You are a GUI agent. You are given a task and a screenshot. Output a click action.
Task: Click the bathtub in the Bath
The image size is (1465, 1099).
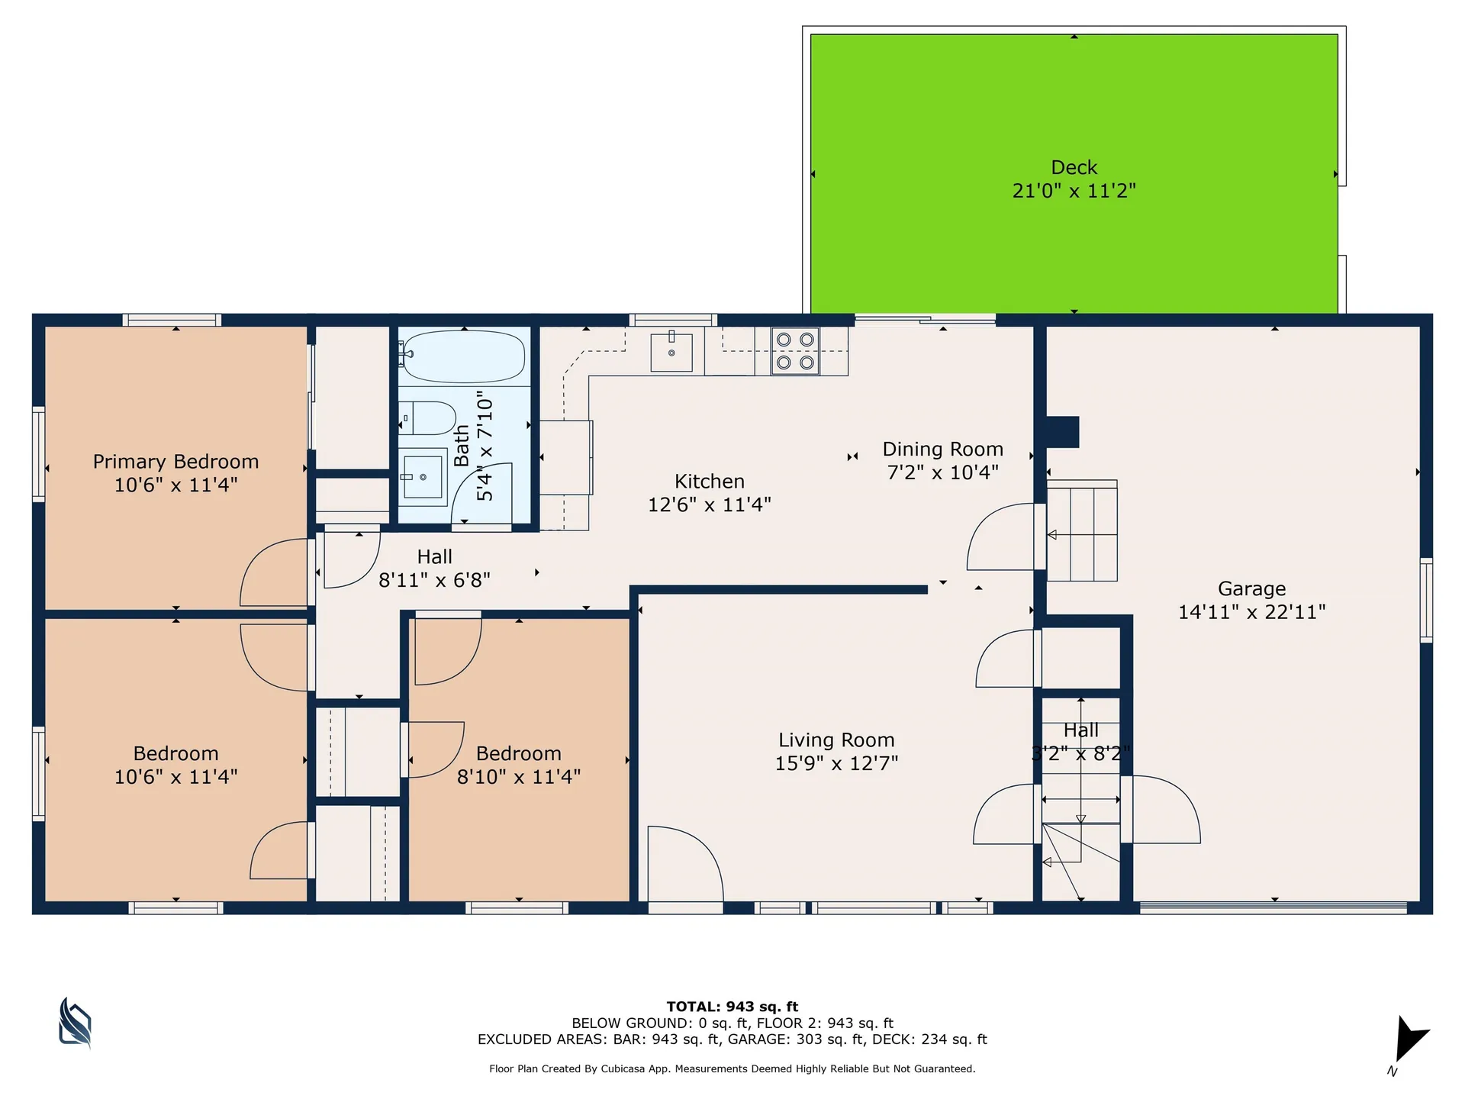pyautogui.click(x=464, y=356)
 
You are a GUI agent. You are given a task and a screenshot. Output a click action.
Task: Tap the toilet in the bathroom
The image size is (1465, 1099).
pyautogui.click(x=427, y=417)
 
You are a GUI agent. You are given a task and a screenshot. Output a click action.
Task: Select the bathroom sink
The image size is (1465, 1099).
pyautogui.click(x=423, y=477)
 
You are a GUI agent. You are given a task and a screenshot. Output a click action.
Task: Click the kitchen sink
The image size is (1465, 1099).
pyautogui.click(x=671, y=353)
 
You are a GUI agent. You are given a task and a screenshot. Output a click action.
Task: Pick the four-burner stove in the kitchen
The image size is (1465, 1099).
pyautogui.click(x=795, y=352)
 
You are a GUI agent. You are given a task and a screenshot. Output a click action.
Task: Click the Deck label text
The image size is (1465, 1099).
pyautogui.click(x=1074, y=168)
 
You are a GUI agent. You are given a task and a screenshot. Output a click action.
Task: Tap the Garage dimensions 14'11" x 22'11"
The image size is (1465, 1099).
pyautogui.click(x=1251, y=612)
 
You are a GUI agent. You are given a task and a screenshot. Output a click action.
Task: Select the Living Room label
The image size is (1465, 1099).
pyautogui.click(x=836, y=740)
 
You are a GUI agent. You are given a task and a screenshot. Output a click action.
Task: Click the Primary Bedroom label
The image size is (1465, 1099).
pyautogui.click(x=175, y=462)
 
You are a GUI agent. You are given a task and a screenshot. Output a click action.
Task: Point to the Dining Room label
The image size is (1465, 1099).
pyautogui.click(x=942, y=450)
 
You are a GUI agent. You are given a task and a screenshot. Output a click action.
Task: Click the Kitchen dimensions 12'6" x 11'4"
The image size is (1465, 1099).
pyautogui.click(x=709, y=504)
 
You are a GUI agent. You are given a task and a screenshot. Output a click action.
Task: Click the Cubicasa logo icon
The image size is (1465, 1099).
pyautogui.click(x=75, y=1023)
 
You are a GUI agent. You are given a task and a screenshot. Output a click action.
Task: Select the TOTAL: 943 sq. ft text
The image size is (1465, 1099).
pyautogui.click(x=732, y=1007)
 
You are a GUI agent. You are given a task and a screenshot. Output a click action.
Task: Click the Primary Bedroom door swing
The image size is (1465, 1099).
pyautogui.click(x=275, y=572)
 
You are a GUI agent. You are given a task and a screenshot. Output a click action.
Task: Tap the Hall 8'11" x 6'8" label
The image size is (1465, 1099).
pyautogui.click(x=434, y=569)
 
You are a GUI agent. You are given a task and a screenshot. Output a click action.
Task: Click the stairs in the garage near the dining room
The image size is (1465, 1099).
pyautogui.click(x=1082, y=534)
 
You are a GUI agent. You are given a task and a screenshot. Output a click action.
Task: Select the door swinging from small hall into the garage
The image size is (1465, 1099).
pyautogui.click(x=1164, y=809)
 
